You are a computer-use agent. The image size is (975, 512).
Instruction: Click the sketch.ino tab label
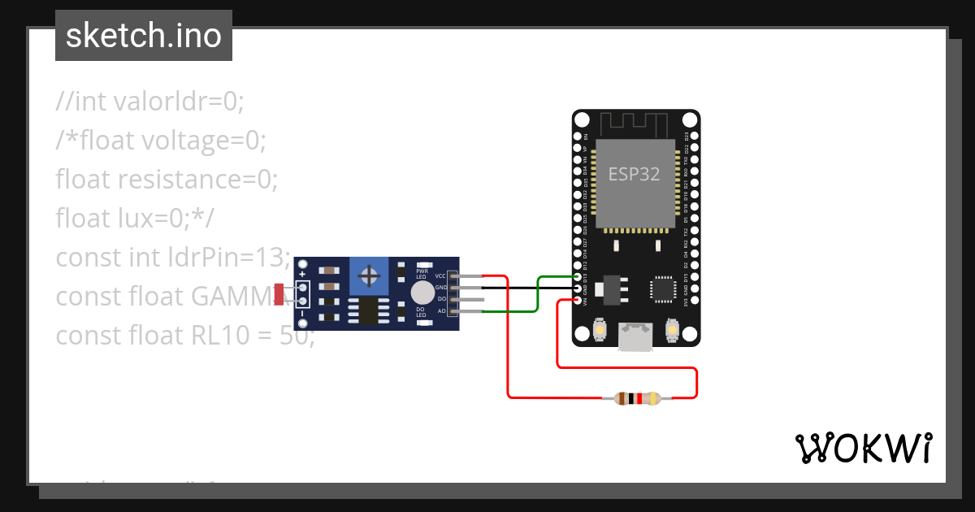(x=143, y=36)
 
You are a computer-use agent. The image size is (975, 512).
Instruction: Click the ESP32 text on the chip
(x=634, y=174)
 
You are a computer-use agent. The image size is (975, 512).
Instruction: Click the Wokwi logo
(x=862, y=448)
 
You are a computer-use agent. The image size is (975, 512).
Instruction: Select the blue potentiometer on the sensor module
(x=370, y=277)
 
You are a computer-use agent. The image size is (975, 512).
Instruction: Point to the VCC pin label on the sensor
(x=441, y=276)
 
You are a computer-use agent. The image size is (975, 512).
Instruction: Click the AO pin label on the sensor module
(x=442, y=311)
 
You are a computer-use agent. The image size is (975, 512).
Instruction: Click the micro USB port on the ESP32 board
(x=635, y=337)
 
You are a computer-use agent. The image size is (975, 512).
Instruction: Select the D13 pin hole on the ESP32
(x=578, y=277)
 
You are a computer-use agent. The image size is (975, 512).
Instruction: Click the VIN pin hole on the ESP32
(x=578, y=301)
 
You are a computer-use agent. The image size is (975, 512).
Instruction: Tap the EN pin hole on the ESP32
(x=578, y=137)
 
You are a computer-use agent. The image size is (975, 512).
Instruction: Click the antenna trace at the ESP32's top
(x=634, y=124)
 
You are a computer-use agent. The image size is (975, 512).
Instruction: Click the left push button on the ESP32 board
(x=599, y=329)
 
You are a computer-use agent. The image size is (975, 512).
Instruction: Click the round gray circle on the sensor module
(x=422, y=293)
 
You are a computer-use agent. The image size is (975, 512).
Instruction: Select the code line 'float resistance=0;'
(x=167, y=179)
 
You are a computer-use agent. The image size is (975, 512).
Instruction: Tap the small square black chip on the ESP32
(x=663, y=289)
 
